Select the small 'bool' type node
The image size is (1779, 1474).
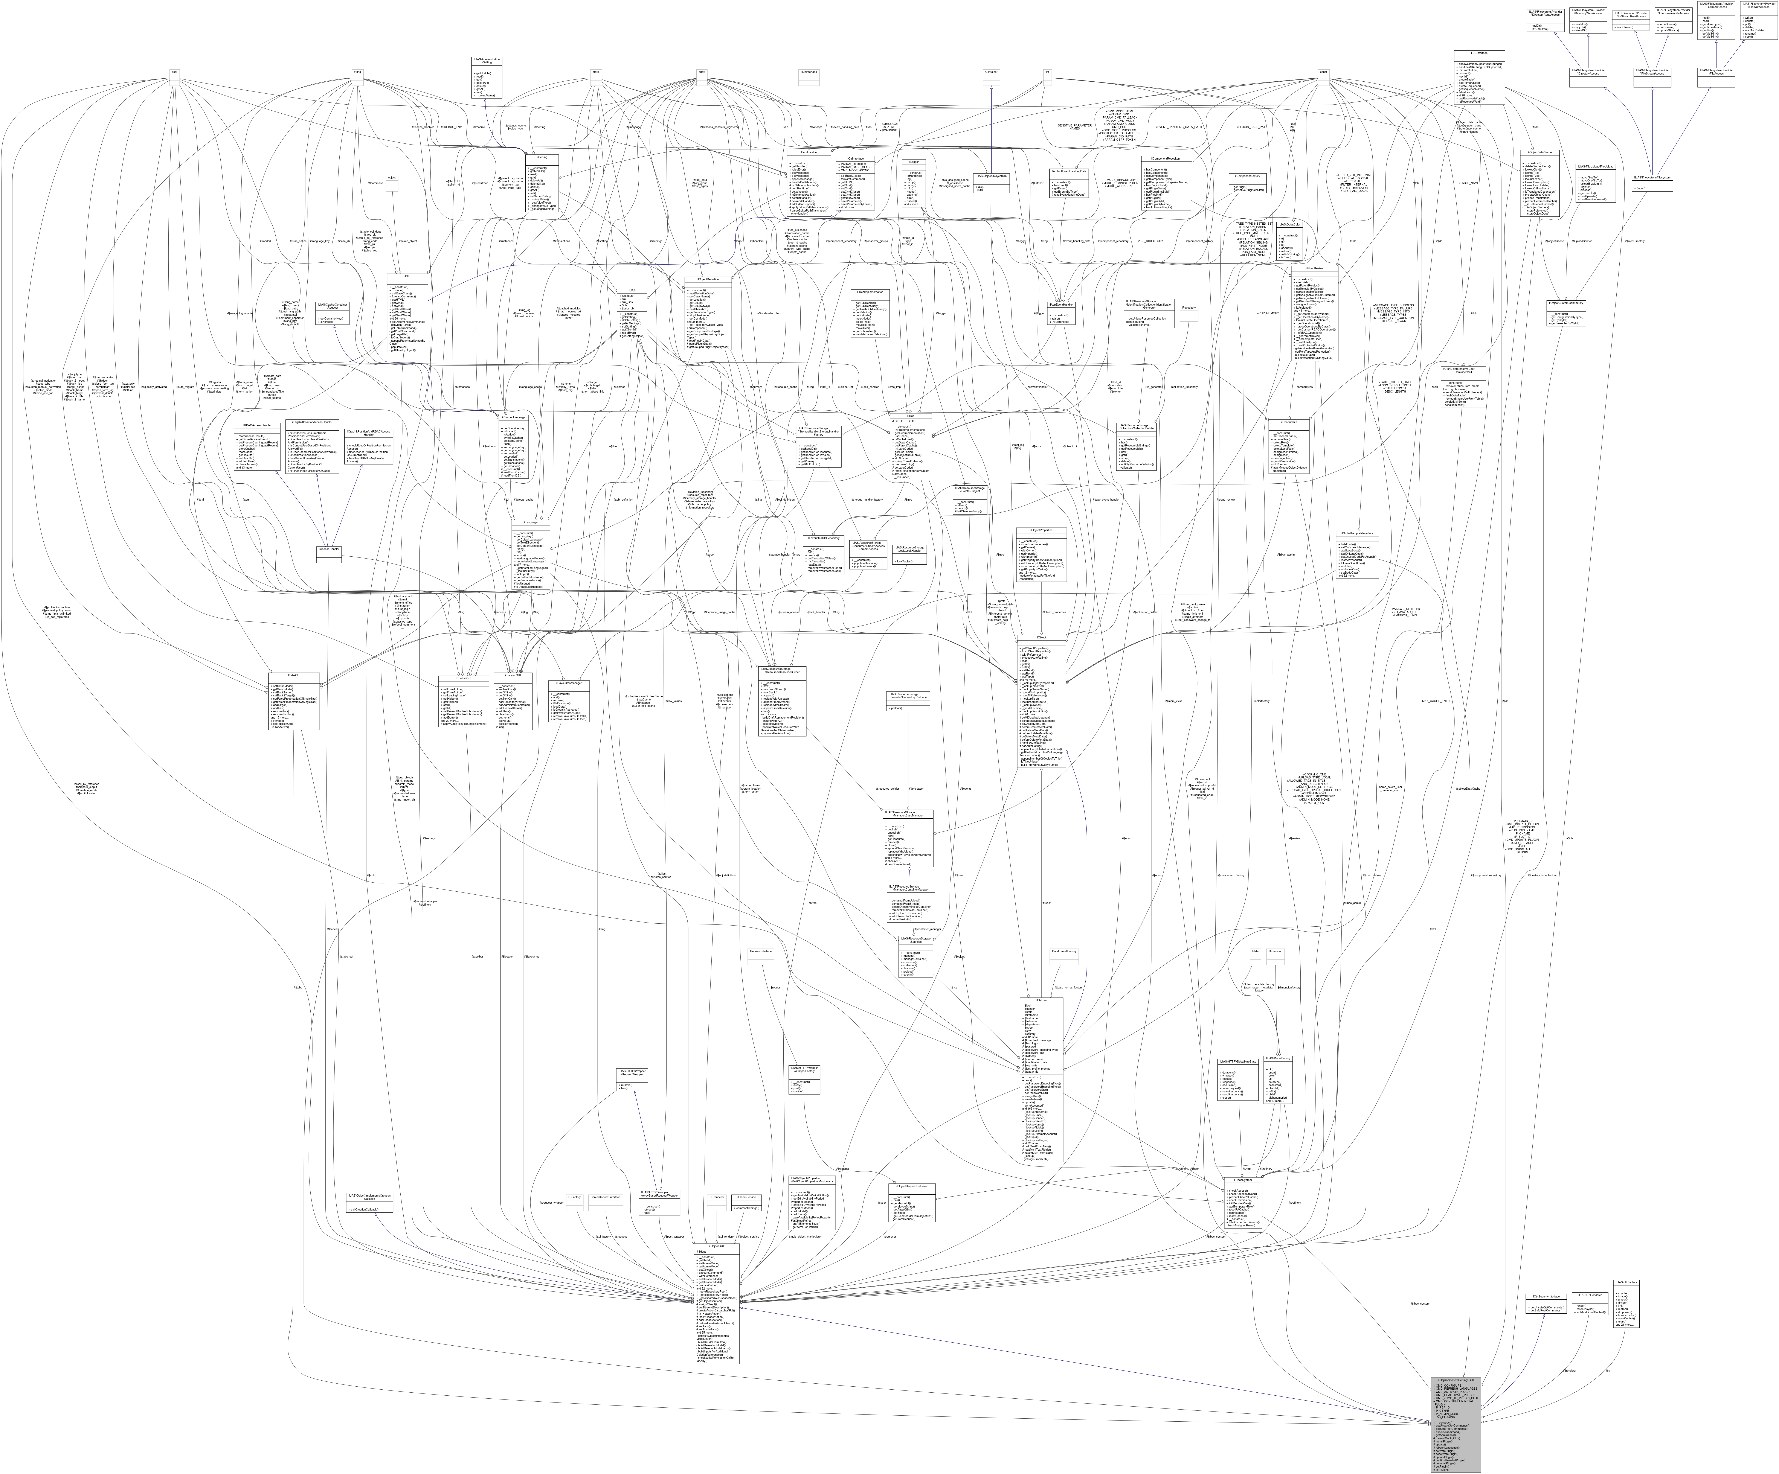[x=174, y=72]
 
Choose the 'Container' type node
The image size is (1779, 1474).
[x=991, y=72]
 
